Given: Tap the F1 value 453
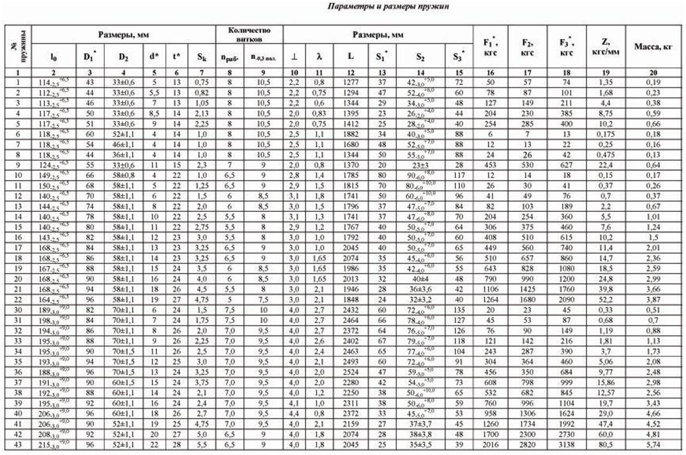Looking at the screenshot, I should (x=491, y=164).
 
